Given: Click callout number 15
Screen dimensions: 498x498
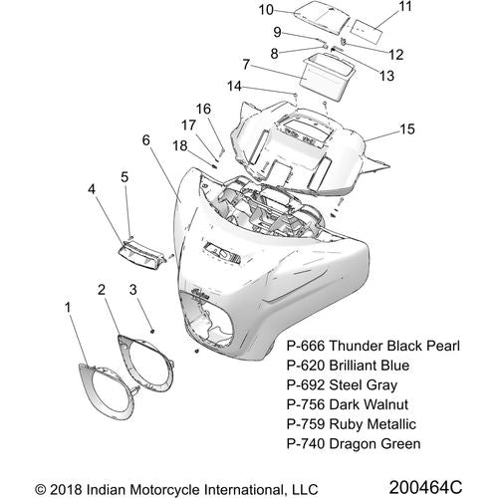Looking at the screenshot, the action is coord(407,129).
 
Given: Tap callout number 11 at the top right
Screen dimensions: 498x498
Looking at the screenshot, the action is coord(405,6).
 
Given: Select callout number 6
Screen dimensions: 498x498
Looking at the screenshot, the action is coord(146,140).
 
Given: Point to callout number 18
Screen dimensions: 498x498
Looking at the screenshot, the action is coord(180,145).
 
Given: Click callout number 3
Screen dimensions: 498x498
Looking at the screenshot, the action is coord(132,290).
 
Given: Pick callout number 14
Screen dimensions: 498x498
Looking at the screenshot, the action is coord(234,87).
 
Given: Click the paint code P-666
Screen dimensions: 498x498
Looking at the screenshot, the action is coord(306,346).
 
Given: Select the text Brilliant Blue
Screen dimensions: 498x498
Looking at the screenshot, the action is coord(370,366).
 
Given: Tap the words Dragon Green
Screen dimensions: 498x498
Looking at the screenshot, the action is coord(375,444).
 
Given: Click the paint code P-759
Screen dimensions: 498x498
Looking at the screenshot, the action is coord(306,424).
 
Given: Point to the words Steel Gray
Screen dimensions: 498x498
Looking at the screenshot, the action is coord(364,385).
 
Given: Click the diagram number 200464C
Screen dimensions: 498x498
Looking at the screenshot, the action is coord(425,487).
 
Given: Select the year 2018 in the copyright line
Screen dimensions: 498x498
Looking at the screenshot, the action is coord(66,490).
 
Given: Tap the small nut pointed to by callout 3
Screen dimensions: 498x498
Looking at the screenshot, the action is coord(152,331).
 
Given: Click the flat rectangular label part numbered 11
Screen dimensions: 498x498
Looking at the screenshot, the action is coord(367,32).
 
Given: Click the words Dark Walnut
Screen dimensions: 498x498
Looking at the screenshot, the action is coord(370,404).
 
